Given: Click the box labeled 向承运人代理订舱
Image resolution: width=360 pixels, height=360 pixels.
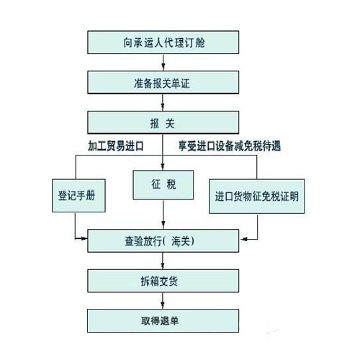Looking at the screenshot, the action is click(163, 42).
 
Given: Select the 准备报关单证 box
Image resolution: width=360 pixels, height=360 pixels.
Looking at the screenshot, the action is click(163, 82).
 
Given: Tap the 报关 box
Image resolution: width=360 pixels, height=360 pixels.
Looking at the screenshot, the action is click(163, 122).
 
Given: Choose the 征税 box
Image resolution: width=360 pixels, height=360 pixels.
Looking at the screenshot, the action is click(163, 185).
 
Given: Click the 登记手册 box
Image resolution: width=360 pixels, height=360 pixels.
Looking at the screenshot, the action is click(78, 196).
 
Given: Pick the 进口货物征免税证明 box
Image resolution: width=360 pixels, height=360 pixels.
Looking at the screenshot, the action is click(257, 197).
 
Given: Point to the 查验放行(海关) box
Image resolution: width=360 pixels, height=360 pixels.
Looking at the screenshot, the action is click(163, 240).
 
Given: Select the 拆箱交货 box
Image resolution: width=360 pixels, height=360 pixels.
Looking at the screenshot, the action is click(163, 281).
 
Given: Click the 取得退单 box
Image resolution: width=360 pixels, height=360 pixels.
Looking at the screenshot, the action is click(163, 321).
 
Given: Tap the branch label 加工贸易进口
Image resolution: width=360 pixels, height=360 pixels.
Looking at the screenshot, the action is click(116, 146).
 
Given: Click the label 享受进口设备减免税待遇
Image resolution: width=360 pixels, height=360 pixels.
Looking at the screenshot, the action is click(230, 146).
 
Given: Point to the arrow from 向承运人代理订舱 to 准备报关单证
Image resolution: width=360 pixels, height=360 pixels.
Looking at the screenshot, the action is click(163, 63).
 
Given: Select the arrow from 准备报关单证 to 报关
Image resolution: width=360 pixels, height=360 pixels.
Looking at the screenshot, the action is click(163, 102).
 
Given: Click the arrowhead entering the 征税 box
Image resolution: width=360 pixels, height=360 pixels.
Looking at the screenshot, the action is click(163, 167).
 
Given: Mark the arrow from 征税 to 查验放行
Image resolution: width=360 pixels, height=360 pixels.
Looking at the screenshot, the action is click(163, 215).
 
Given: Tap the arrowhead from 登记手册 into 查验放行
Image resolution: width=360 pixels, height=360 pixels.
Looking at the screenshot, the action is click(84, 238).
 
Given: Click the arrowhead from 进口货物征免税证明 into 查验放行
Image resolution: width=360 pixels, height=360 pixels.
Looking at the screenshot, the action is click(244, 239).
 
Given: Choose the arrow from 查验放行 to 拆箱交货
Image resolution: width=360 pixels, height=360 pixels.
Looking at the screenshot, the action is click(163, 261).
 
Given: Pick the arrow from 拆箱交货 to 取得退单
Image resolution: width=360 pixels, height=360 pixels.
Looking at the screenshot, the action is click(163, 301).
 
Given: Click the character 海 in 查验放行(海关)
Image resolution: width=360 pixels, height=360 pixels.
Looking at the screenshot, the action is click(177, 241).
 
